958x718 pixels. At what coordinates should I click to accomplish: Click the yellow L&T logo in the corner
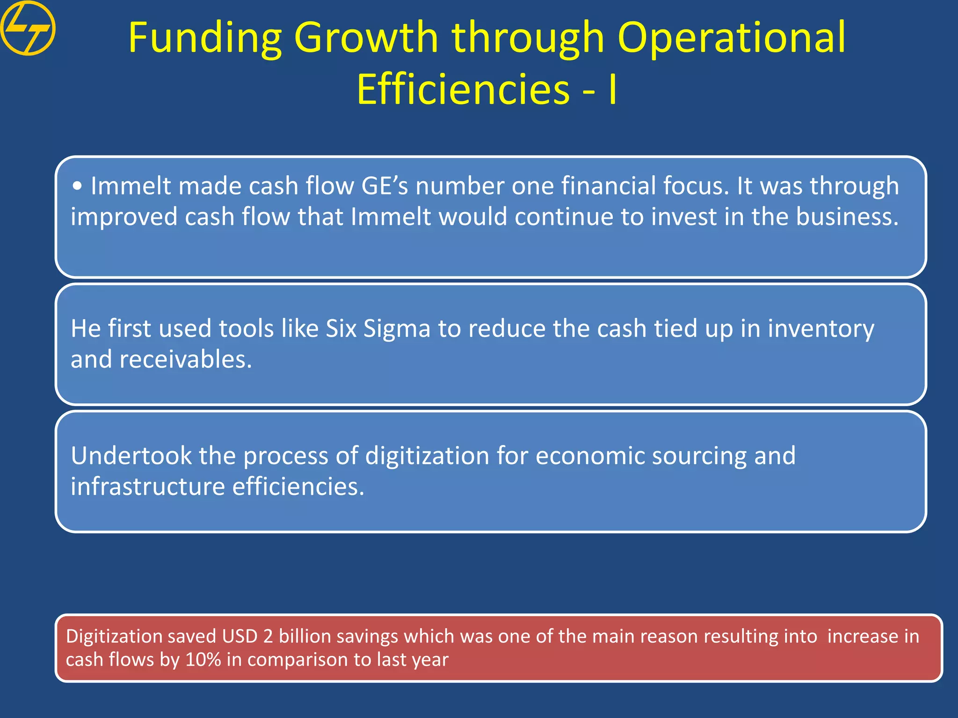(28, 28)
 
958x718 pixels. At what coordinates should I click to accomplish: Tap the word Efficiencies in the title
(463, 90)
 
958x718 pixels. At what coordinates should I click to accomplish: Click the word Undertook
(131, 456)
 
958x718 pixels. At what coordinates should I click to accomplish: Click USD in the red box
(239, 637)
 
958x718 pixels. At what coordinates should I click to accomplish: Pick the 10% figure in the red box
(203, 660)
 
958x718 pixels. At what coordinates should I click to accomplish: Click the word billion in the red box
(305, 637)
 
